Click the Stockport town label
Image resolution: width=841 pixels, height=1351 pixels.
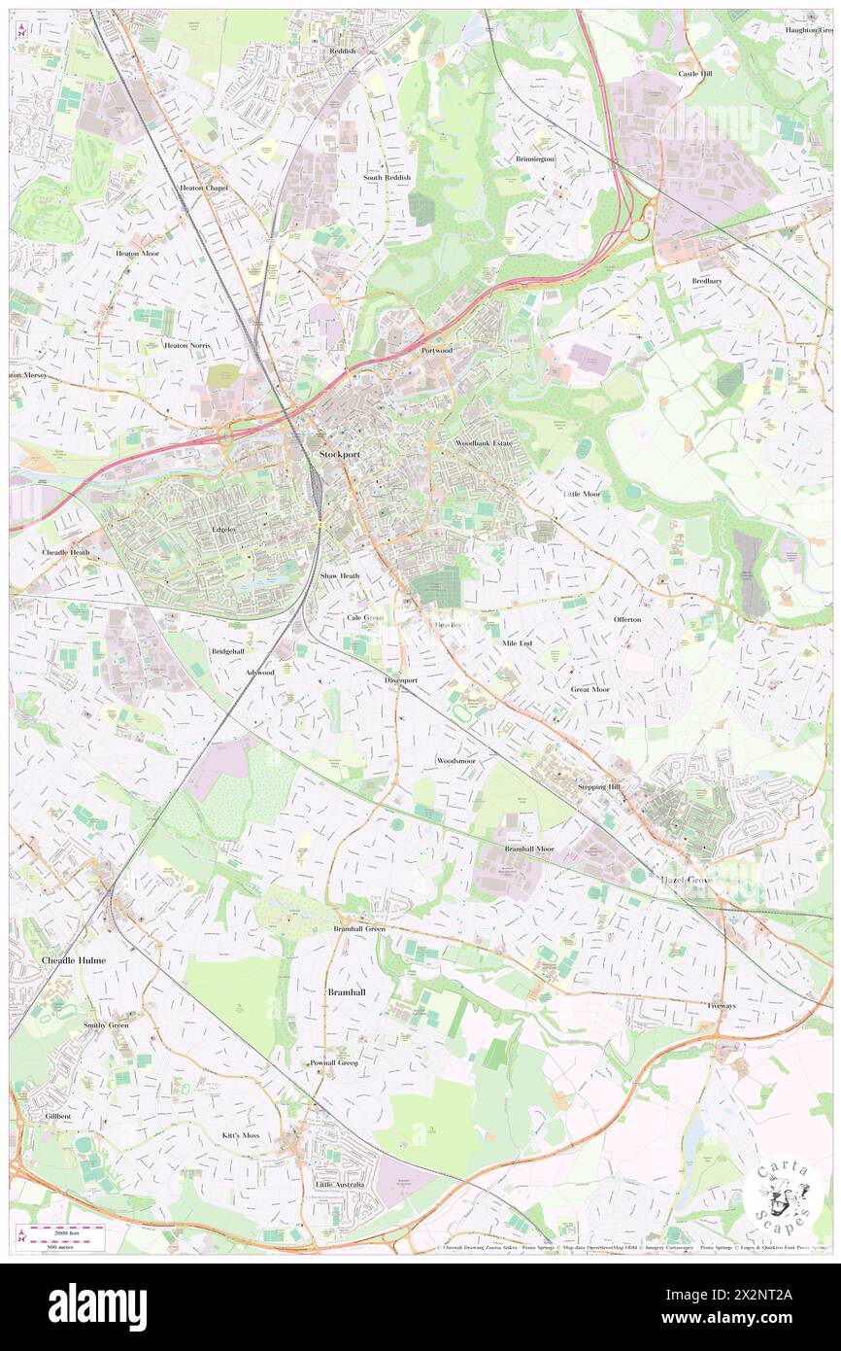(x=338, y=454)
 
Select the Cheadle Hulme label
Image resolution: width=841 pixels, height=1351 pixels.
(x=73, y=959)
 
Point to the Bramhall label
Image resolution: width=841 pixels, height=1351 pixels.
(x=346, y=990)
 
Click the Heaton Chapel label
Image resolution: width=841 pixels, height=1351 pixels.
(x=203, y=188)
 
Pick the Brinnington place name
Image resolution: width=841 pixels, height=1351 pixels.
(x=535, y=158)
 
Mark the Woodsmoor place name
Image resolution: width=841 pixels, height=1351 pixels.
(x=455, y=760)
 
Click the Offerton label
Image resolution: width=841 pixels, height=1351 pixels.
(x=627, y=619)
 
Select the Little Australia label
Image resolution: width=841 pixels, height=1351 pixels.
(x=340, y=1185)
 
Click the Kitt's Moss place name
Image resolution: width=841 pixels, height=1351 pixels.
(x=240, y=1135)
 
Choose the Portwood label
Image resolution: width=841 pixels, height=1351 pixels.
(x=437, y=350)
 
